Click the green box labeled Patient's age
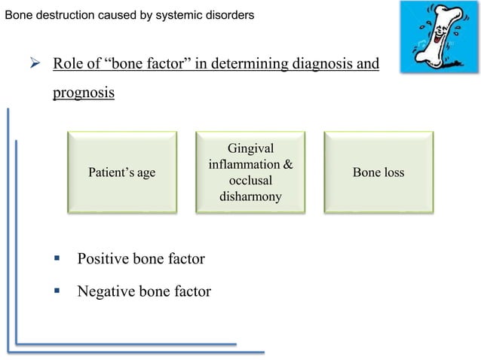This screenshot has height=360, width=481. [x=122, y=172]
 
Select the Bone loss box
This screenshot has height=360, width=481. [x=378, y=172]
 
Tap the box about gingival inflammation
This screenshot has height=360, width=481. [x=250, y=172]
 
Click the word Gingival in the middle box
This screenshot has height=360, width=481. [x=250, y=148]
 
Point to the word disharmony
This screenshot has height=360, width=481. [x=250, y=197]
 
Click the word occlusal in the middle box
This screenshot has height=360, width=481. [x=250, y=181]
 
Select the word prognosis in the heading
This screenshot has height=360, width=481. [x=83, y=94]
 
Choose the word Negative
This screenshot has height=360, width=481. [x=107, y=291]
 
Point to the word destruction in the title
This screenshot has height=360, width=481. [x=66, y=15]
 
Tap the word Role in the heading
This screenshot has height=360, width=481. [x=67, y=63]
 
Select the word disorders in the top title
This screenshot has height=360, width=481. [x=229, y=15]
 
